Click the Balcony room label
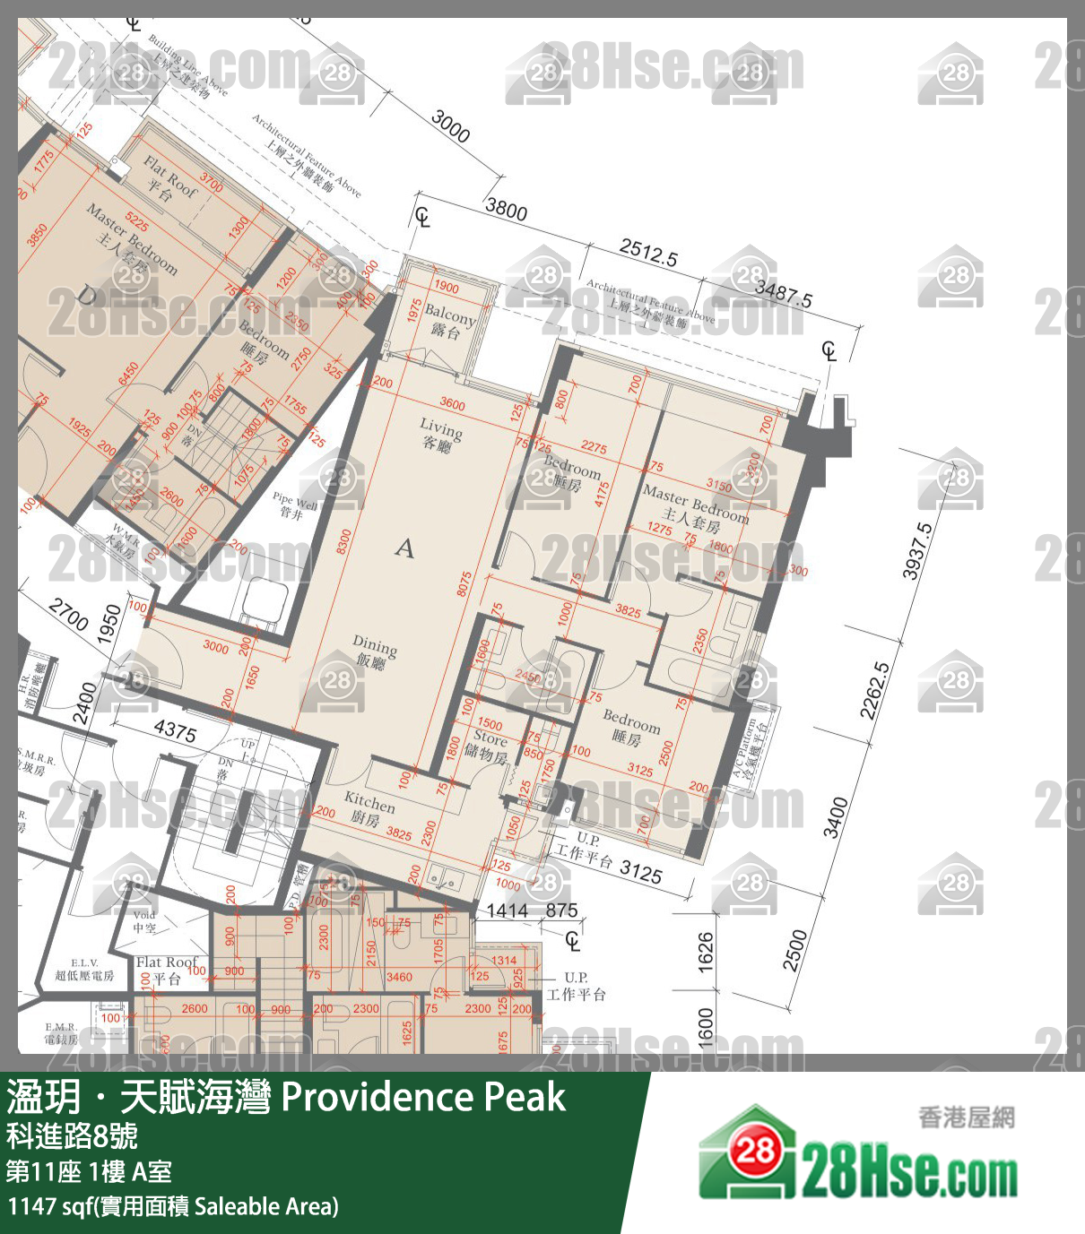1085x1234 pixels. pos(449,321)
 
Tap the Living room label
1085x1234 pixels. pos(441,434)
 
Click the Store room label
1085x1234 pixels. pos(489,745)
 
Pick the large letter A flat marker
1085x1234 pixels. pos(405,548)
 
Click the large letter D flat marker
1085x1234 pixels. pos(88,295)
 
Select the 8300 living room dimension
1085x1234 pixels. pos(343,541)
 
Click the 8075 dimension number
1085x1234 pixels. pos(464,584)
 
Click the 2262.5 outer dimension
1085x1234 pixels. pos(875,690)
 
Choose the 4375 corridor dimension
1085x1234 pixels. pos(175,730)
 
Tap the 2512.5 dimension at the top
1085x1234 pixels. pos(648,253)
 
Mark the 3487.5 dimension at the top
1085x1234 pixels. pos(783,292)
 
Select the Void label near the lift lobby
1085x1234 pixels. pos(144,921)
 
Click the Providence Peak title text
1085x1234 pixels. pos(423,1097)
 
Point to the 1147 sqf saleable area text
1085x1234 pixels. pos(172,1206)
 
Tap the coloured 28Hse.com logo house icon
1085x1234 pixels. pos(749,1152)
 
